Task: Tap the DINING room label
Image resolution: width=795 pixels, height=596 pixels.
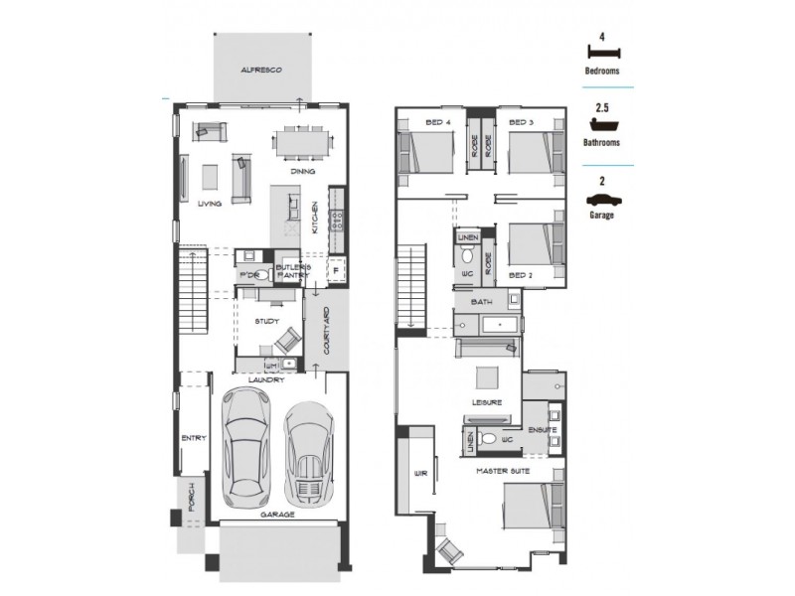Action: pos(303,172)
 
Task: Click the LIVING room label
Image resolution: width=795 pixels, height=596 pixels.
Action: pos(210,204)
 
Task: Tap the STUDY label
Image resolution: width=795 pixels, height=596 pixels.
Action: pos(265,321)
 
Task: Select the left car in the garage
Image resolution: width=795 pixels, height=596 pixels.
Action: pos(245,444)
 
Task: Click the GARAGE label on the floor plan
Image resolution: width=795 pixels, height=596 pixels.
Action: pos(277,515)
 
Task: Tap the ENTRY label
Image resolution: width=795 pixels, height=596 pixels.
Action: pos(192,439)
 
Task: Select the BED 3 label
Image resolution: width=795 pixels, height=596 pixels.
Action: pos(522,122)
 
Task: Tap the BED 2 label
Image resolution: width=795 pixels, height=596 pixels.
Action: pos(522,273)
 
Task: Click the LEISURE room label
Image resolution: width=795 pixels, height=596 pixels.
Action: pos(487,402)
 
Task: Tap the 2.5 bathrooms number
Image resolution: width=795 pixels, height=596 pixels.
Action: pos(601,106)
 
